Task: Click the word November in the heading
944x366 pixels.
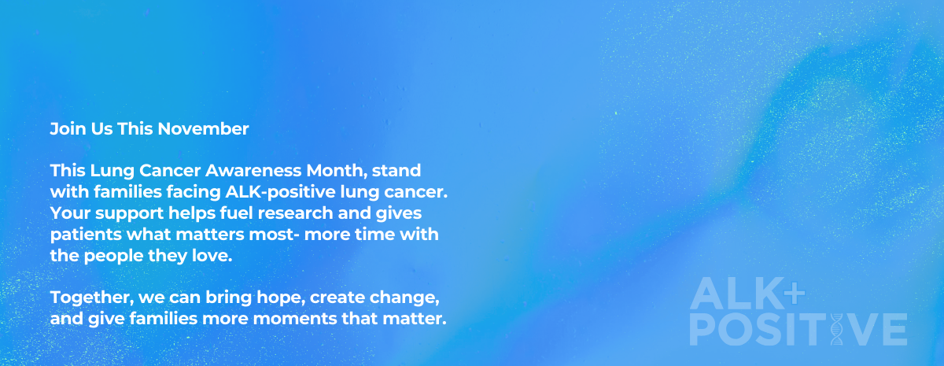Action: pos(203,128)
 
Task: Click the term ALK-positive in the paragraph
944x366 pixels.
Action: pos(280,192)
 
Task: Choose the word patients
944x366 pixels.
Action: pos(86,235)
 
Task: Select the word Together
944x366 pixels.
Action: pos(92,298)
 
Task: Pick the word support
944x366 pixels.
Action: pos(129,214)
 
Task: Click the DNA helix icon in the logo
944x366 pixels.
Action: pos(836,329)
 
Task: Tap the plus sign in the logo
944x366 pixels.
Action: pos(795,291)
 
